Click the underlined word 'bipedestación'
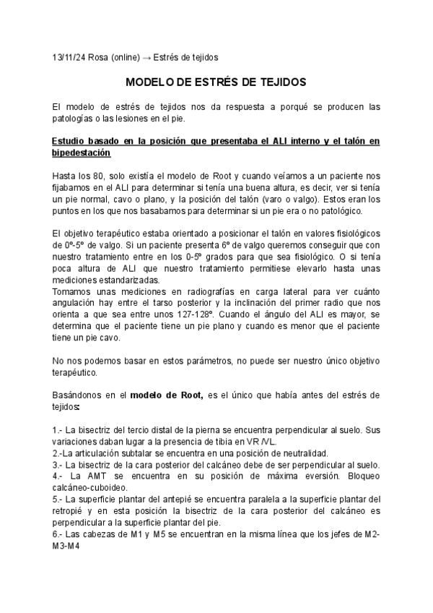coord(82,153)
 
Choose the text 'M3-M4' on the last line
coord(66,546)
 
